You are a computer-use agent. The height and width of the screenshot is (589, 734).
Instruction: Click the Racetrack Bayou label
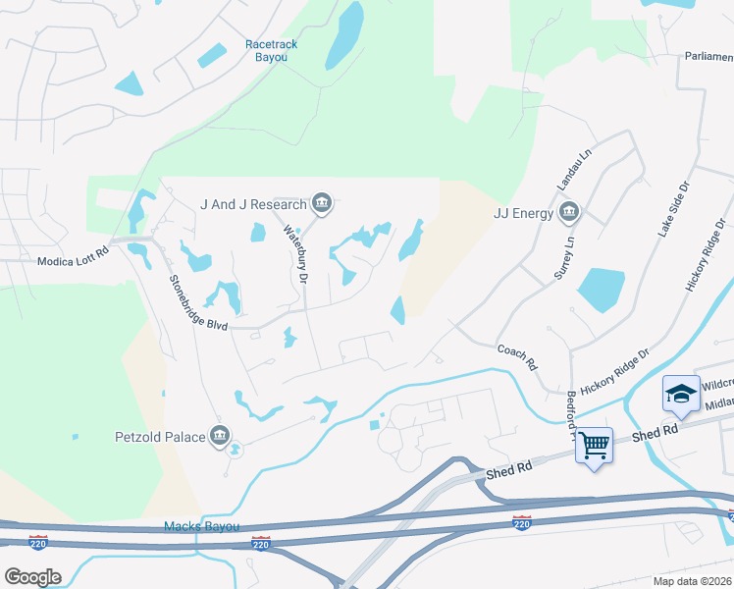[271, 50]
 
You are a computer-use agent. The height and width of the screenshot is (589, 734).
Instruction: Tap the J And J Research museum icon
[321, 204]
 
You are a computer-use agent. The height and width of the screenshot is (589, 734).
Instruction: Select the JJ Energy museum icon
[569, 212]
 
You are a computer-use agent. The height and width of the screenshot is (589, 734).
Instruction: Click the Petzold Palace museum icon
[220, 436]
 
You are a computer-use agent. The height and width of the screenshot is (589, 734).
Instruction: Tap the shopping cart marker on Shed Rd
[594, 447]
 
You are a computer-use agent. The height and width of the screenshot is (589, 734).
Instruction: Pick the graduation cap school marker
[681, 395]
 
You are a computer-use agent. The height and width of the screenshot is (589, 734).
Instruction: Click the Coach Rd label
[517, 356]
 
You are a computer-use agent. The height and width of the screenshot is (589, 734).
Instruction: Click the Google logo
[32, 576]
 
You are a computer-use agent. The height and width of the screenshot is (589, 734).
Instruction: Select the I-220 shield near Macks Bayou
[260, 543]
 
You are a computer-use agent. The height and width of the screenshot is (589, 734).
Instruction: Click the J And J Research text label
[254, 204]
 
